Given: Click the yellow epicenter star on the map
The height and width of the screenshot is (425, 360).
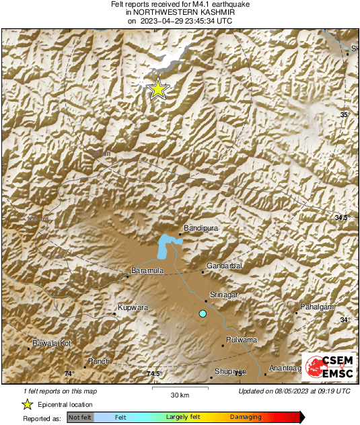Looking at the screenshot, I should click(x=157, y=89).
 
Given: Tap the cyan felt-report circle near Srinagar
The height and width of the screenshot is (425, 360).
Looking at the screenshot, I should click(x=202, y=313).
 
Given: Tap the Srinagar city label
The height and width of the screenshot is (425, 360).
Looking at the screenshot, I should click(x=226, y=295).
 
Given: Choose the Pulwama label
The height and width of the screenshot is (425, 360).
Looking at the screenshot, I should click(x=242, y=340).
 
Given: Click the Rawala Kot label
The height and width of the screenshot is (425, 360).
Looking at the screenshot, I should click(x=52, y=344).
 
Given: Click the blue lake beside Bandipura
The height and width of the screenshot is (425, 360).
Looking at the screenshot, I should click(x=165, y=246).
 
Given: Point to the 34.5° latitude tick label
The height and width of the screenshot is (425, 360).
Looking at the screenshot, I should click(x=342, y=218).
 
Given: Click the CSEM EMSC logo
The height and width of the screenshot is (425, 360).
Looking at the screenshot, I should click(x=326, y=369).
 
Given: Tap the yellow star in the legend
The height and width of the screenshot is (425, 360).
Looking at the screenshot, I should click(x=27, y=404).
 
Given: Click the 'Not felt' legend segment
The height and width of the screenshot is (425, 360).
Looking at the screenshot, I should click(x=80, y=418).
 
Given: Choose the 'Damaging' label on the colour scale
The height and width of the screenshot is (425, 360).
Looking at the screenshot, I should click(x=246, y=418).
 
